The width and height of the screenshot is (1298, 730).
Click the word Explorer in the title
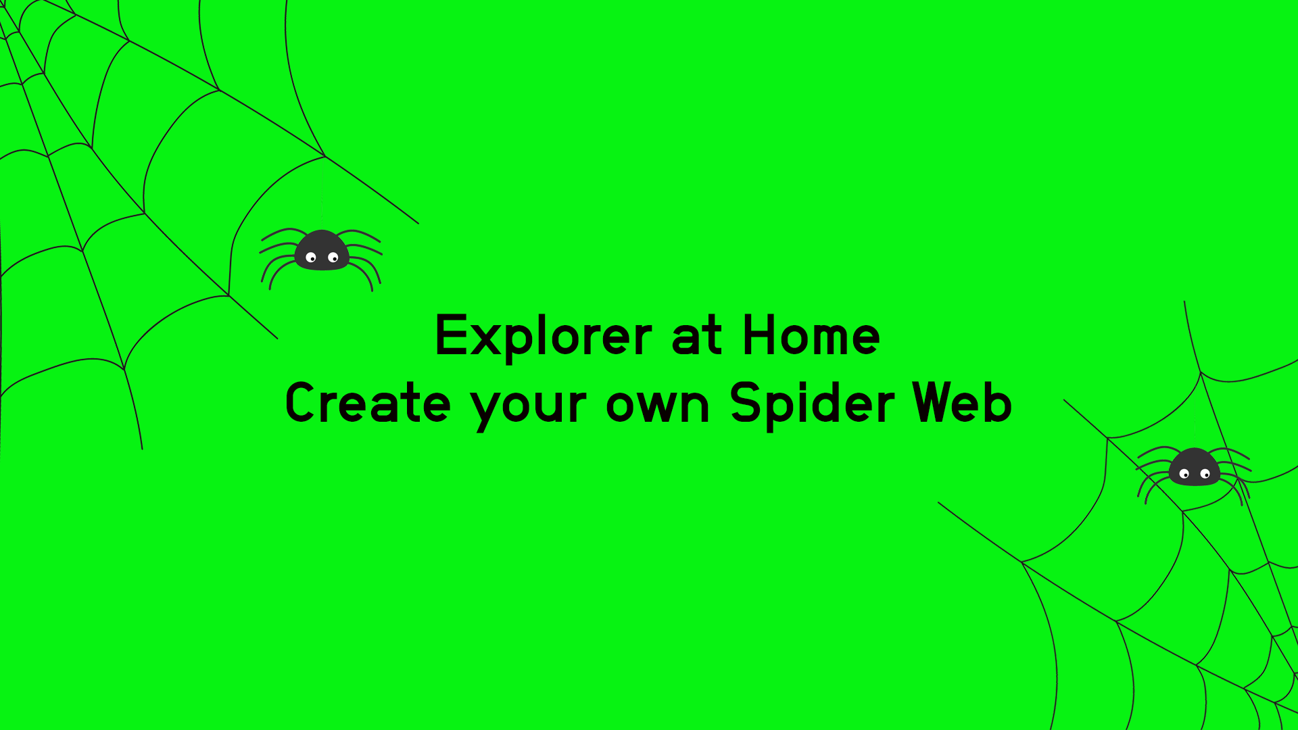(544, 337)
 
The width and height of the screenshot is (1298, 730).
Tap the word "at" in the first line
(697, 337)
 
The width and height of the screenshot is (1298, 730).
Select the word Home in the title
(811, 335)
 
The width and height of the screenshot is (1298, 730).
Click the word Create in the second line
(368, 403)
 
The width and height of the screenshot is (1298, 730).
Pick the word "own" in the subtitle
(658, 406)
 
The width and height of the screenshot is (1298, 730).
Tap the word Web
(962, 403)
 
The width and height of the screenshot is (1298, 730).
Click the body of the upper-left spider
(322, 250)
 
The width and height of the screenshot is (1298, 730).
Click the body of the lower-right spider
(1195, 467)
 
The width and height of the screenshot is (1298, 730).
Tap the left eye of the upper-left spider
(311, 258)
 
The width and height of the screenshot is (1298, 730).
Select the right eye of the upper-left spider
(333, 258)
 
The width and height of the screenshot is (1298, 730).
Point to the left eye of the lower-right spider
(1184, 474)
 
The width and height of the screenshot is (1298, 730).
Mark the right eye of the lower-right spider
(1205, 474)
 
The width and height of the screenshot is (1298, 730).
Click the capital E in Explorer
(451, 335)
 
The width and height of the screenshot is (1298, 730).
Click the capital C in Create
(302, 403)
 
